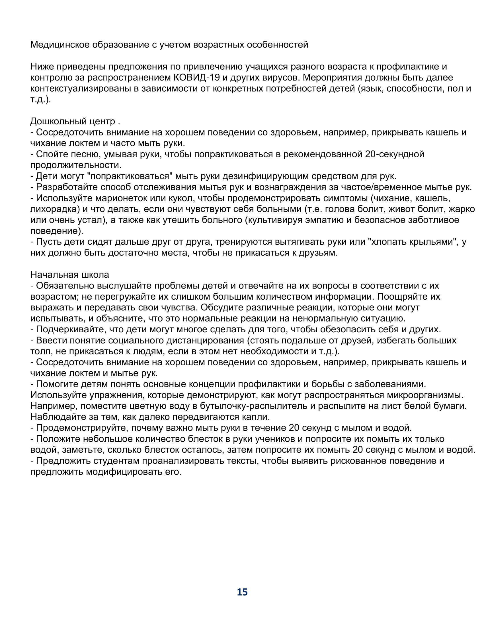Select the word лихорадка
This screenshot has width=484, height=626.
tap(55, 209)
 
